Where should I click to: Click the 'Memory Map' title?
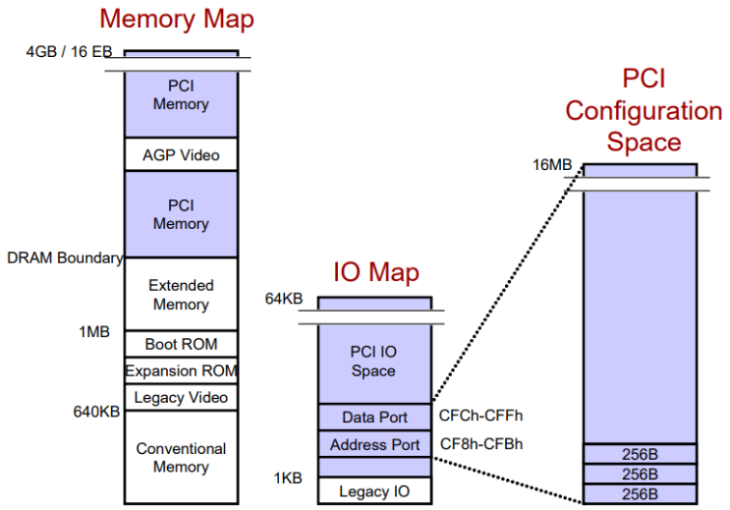coord(176,19)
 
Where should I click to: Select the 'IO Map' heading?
coord(374,273)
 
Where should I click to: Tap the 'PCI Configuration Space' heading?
coord(643,110)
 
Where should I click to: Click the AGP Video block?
coord(181,154)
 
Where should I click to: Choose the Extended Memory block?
coord(181,294)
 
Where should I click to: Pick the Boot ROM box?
coord(181,344)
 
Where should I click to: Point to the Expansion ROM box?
coord(181,371)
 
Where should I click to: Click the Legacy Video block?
coord(181,397)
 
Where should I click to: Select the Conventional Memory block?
coord(181,457)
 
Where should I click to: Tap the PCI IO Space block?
coord(373,361)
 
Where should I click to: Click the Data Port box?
coord(374,418)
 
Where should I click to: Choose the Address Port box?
coord(374,444)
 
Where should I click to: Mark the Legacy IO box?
coord(374,490)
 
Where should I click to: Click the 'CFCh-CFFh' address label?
coord(481,418)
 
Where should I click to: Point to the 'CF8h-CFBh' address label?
coord(481,444)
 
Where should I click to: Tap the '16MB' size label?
coord(552,165)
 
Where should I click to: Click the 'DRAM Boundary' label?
coord(64,258)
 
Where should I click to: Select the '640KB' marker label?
coord(96,412)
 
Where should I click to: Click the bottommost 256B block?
coord(641,493)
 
